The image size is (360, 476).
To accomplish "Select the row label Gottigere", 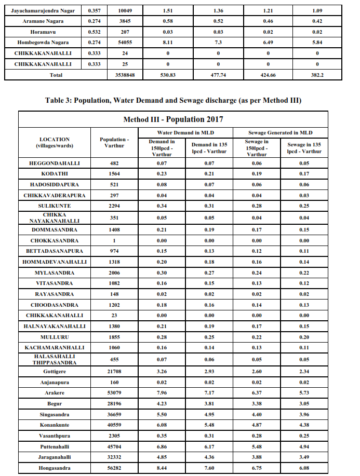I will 55,372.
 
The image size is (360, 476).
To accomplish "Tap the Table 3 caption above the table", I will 180,100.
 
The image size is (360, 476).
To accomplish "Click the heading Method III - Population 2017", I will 173,119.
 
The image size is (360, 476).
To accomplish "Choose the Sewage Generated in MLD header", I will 280,132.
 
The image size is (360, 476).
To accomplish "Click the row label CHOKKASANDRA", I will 55,240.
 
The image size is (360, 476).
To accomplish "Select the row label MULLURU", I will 55,337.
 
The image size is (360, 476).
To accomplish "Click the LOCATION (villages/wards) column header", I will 55,143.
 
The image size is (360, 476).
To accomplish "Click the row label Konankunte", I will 55,425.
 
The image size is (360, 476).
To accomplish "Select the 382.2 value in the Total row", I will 316,75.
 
